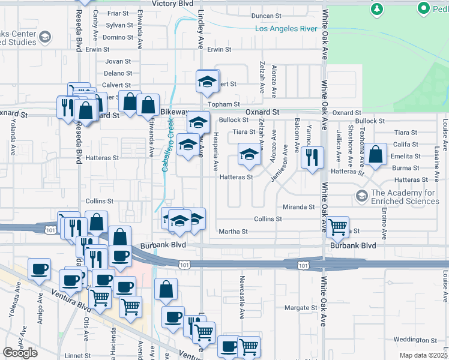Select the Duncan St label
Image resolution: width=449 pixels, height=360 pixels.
[x=267, y=16]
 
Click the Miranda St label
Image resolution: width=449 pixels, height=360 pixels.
[x=299, y=207]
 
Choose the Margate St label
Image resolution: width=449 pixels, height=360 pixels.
[x=300, y=308]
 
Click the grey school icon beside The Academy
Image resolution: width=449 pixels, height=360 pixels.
[x=361, y=196]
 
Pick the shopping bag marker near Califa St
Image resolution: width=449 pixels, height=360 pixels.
[x=375, y=154]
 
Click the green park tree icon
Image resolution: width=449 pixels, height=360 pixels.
[x=377, y=9]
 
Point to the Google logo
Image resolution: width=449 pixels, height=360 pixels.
[x=20, y=353]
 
